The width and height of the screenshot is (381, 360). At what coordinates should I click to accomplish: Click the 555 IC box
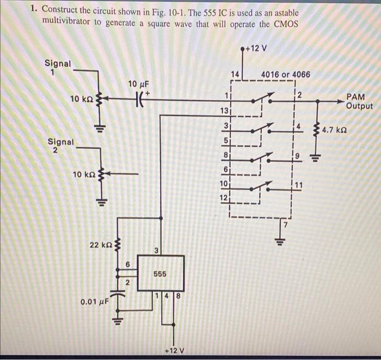(x=161, y=273)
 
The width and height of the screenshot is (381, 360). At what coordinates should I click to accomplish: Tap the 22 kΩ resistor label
(x=101, y=246)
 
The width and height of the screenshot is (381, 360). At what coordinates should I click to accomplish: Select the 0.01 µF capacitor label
(x=94, y=301)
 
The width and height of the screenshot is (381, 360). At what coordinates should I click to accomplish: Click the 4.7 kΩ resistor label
(x=335, y=131)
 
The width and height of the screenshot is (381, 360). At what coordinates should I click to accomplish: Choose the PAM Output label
(x=358, y=101)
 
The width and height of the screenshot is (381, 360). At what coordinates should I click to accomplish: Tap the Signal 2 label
(x=60, y=145)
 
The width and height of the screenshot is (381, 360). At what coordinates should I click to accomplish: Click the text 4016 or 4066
(x=286, y=74)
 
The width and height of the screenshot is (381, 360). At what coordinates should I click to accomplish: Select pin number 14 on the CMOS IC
(x=235, y=74)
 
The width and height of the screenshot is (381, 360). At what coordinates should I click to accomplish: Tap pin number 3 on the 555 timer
(x=156, y=251)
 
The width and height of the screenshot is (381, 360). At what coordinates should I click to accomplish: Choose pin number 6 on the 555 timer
(x=128, y=264)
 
